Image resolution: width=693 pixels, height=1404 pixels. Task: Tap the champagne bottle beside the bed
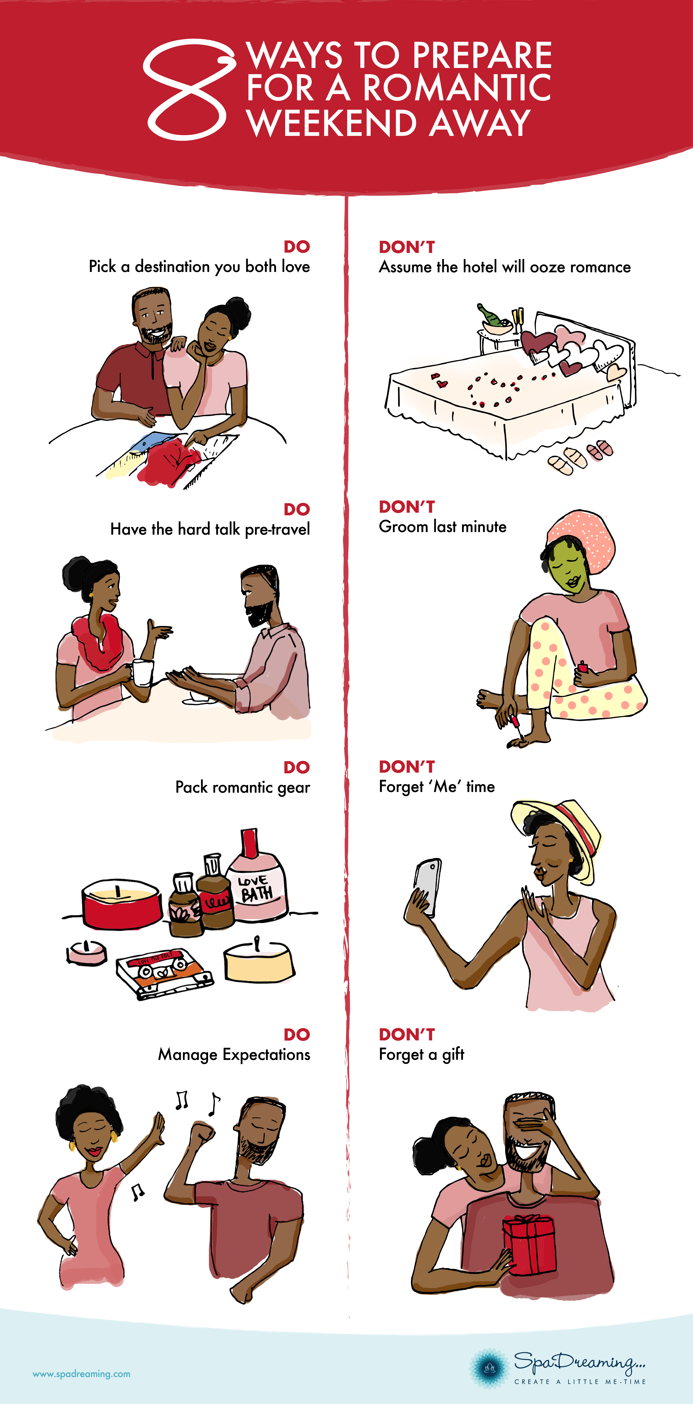tap(492, 316)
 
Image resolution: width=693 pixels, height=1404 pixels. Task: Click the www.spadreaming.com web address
tap(82, 1374)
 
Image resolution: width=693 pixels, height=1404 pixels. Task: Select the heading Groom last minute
tap(442, 526)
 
